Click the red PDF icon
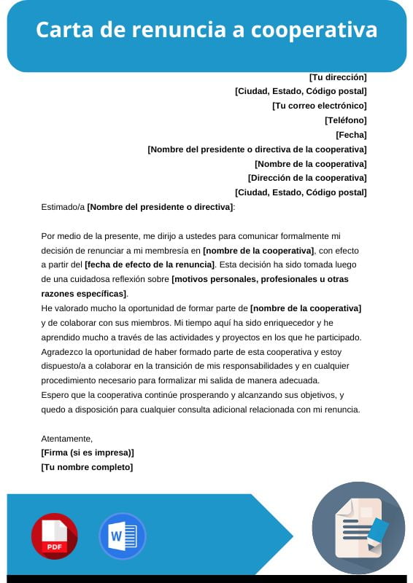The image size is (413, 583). (54, 536)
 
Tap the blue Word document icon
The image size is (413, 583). (122, 536)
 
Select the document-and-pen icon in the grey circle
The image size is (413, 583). (358, 528)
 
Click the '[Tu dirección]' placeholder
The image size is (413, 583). (338, 77)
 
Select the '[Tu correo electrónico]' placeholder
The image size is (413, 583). (320, 106)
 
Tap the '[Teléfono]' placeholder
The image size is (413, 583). (346, 120)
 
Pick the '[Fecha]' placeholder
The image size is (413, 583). (351, 135)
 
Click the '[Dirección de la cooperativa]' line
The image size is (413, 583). (307, 178)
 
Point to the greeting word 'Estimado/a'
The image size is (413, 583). (63, 208)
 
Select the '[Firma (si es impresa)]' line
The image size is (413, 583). (88, 453)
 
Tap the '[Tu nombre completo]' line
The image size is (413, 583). (87, 467)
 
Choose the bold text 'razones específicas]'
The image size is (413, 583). (85, 294)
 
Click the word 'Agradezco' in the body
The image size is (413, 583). (63, 351)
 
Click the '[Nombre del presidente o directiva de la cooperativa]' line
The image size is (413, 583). (257, 149)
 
